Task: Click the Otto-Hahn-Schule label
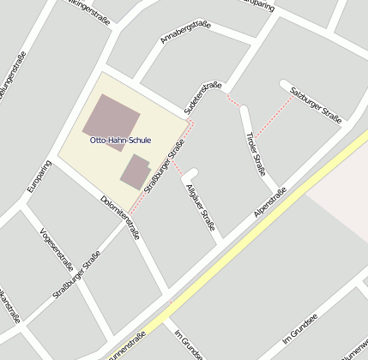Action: click(x=120, y=140)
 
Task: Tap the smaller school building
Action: click(x=136, y=171)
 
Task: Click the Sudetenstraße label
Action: click(x=202, y=97)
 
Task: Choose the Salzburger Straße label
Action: click(x=316, y=105)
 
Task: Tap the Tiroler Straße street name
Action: click(x=256, y=153)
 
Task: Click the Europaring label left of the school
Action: click(x=39, y=177)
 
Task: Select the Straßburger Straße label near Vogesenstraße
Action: click(x=76, y=273)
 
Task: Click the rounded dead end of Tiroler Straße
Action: click(x=244, y=110)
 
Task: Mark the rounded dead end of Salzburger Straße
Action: click(x=284, y=83)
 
